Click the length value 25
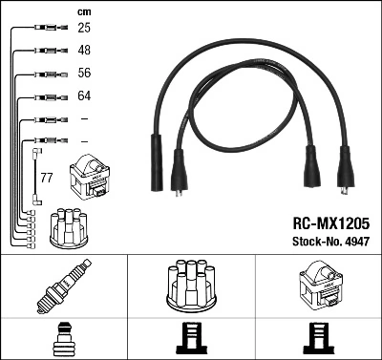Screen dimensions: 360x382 (x=84, y=29)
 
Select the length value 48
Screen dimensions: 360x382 (x=84, y=51)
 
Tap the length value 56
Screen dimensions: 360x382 (x=84, y=74)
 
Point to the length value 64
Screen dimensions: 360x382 (x=84, y=96)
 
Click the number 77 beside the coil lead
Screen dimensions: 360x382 (x=46, y=178)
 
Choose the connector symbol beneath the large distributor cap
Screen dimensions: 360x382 (x=191, y=339)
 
